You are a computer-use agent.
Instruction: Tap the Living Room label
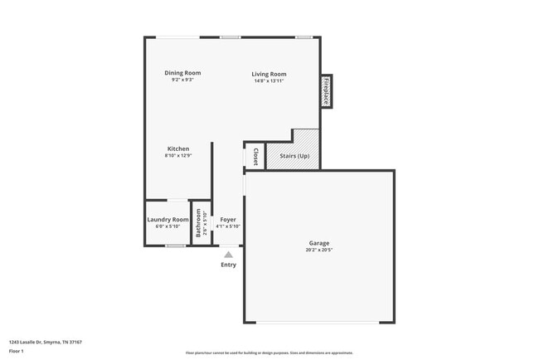269,74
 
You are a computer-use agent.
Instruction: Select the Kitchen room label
178,148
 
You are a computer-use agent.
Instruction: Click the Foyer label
228,219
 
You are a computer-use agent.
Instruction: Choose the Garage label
319,243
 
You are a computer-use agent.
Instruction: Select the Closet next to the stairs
255,156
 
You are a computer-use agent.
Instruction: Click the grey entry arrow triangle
229,255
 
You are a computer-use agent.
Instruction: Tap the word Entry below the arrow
228,265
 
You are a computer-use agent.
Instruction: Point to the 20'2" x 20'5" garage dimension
319,250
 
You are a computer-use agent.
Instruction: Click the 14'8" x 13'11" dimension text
269,80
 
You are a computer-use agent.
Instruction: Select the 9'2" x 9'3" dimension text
182,80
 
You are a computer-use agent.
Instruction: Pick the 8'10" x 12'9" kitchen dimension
178,156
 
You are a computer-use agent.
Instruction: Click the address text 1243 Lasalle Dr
46,341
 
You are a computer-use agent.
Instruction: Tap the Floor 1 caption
17,351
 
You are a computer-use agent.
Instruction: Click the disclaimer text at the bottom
269,353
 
